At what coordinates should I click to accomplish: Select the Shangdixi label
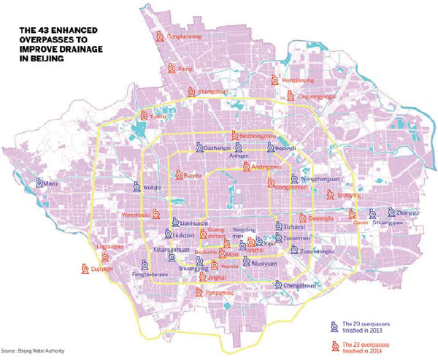click(x=214, y=91)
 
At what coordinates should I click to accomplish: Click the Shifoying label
click(x=350, y=195)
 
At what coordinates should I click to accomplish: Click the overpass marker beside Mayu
click(x=41, y=184)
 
